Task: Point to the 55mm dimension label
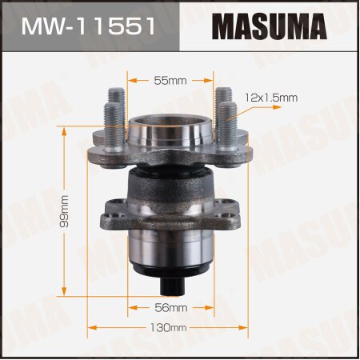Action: pyautogui.click(x=169, y=80)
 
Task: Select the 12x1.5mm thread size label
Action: pyautogui.click(x=270, y=98)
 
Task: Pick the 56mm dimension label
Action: pyautogui.click(x=170, y=307)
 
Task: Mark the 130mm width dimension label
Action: pyautogui.click(x=170, y=328)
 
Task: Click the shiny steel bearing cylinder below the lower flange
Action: pyautogui.click(x=169, y=252)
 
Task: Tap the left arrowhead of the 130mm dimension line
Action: pyautogui.click(x=90, y=328)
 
